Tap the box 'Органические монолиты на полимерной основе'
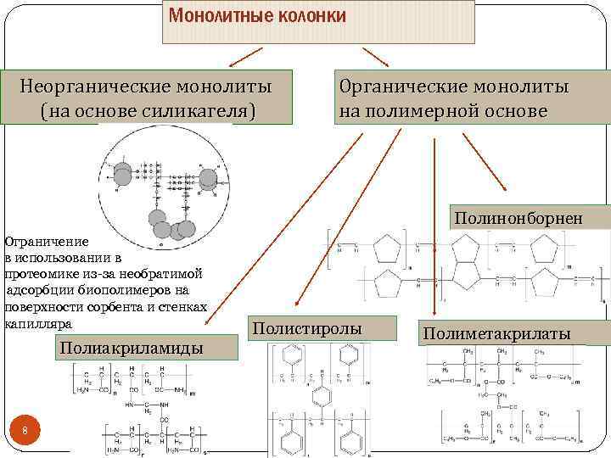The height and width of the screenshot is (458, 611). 455,98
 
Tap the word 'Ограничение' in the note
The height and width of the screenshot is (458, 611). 41,241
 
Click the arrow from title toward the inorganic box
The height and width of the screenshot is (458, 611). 240,58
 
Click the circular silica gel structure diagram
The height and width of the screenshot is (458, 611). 162,188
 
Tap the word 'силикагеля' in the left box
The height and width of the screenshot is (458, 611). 193,111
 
